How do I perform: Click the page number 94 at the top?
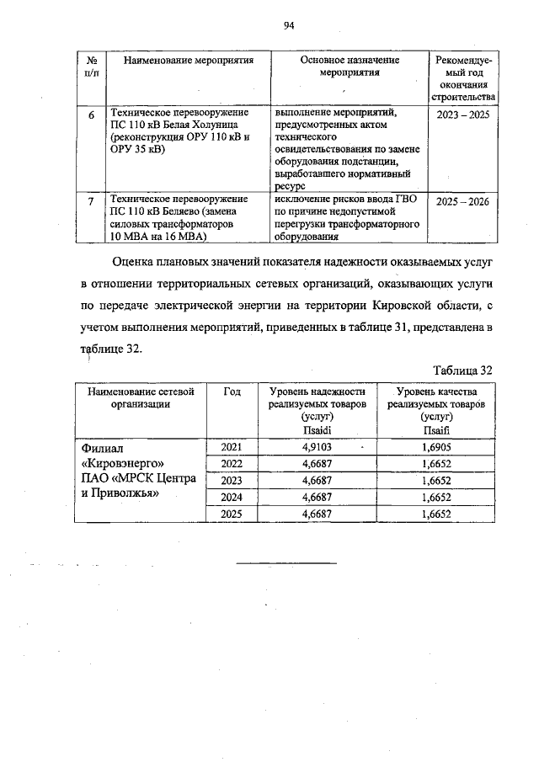tap(287, 26)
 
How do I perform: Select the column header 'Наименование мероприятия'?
tap(183, 61)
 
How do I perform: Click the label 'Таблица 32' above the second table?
tap(462, 370)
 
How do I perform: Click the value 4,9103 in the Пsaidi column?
tap(317, 448)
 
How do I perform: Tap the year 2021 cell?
tap(232, 448)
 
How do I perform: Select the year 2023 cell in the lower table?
tap(232, 481)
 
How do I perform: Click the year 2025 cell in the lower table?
tap(232, 514)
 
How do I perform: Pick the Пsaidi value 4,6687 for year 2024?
tap(317, 498)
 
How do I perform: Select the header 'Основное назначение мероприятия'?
tap(350, 67)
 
